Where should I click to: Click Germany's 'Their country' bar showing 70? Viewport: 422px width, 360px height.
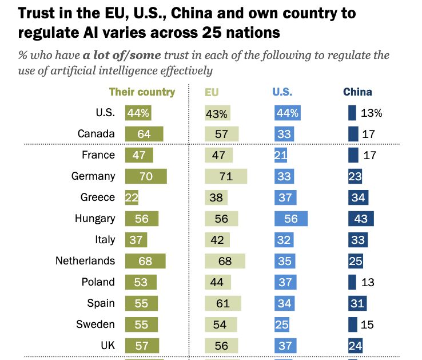(x=146, y=176)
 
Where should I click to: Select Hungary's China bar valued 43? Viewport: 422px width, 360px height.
(x=361, y=219)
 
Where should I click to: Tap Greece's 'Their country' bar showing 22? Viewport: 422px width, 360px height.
(x=132, y=197)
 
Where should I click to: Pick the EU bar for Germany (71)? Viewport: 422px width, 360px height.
(x=226, y=176)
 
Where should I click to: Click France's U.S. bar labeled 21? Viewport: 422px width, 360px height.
(x=281, y=155)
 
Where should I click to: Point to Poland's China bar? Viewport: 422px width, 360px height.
(x=352, y=282)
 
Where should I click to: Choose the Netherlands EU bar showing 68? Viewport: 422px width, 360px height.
(x=225, y=261)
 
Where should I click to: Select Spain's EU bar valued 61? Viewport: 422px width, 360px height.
(x=223, y=303)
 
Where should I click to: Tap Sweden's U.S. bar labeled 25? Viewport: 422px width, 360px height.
(x=282, y=325)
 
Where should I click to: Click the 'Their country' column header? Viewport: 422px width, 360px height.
(x=142, y=92)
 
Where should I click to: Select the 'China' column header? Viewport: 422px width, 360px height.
(x=357, y=92)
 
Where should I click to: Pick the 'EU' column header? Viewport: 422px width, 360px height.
(x=212, y=92)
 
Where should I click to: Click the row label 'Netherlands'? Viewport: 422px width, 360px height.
(x=85, y=261)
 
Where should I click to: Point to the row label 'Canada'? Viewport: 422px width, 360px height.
(x=96, y=134)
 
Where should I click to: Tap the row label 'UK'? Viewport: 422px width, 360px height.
(x=107, y=346)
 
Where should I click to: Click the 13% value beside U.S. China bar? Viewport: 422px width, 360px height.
(x=372, y=113)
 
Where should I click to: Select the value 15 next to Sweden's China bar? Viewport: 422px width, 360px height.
(x=368, y=325)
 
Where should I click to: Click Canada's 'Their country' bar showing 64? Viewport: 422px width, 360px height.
(x=144, y=134)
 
